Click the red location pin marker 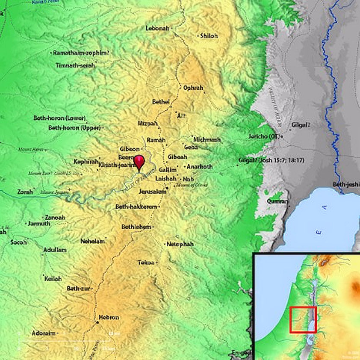[x=139, y=163]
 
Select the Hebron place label [x=109, y=317]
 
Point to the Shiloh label [x=209, y=36]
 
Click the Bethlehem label [x=136, y=227]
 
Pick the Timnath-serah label [x=75, y=65]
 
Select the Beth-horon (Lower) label [x=60, y=118]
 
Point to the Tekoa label [x=146, y=262]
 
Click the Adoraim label [x=44, y=333]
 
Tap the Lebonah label [x=158, y=28]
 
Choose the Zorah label [x=25, y=192]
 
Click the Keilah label [x=53, y=278]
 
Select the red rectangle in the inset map [x=303, y=319]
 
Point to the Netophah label [x=180, y=244]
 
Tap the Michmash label [x=207, y=139]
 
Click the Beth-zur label [x=77, y=289]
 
